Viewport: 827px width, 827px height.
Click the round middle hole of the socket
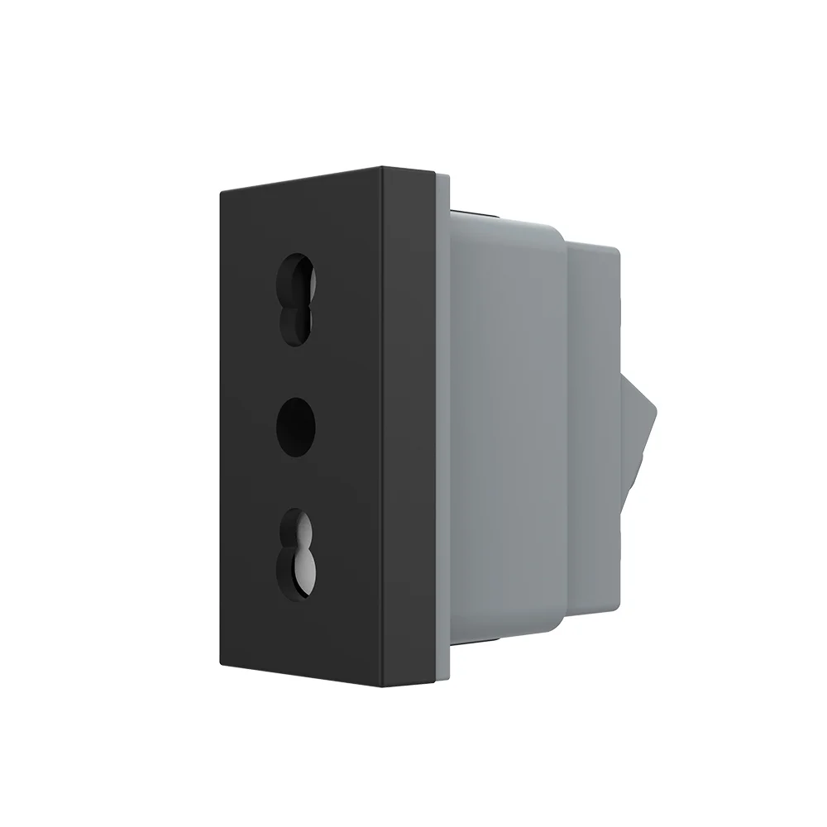296,427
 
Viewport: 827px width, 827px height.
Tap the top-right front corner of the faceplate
381,169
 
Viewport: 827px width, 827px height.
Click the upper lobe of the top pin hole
298,273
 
